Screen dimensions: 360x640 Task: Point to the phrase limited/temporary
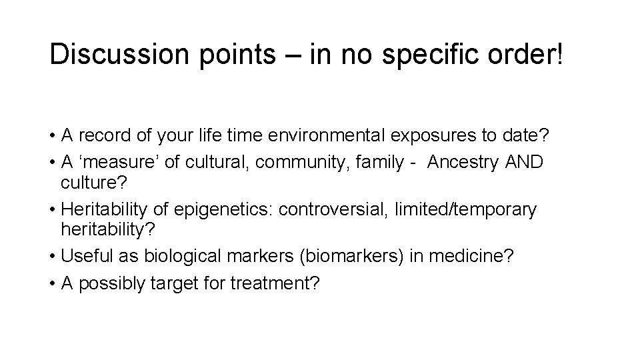(465, 210)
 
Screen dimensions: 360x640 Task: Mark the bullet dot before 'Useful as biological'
(51, 257)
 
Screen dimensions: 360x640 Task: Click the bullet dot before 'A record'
(51, 137)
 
